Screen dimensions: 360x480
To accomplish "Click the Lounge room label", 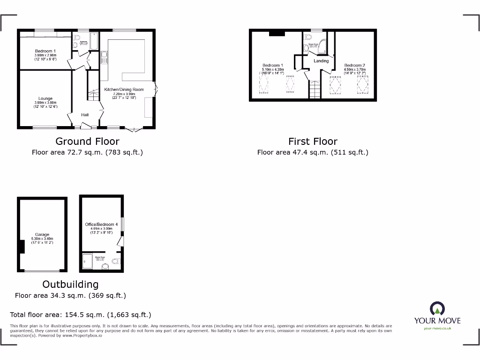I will (x=45, y=98).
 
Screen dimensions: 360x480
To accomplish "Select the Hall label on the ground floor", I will (x=85, y=115).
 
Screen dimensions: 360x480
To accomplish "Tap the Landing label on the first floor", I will (x=321, y=61).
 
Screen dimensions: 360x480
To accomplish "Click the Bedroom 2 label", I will (x=354, y=66).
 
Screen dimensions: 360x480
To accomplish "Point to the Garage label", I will (x=42, y=234).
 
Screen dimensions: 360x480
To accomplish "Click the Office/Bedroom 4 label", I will (x=101, y=225).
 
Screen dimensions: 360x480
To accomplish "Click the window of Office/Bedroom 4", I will (x=123, y=225).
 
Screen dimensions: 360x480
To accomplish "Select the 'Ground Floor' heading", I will (x=87, y=141).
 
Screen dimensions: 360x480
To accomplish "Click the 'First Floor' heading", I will (x=313, y=141).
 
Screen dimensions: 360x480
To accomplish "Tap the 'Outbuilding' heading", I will (x=70, y=284).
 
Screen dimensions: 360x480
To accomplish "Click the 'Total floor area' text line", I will (x=81, y=315).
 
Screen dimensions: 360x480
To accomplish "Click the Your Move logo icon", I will (x=437, y=308).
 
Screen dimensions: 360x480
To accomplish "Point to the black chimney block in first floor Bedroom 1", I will (x=277, y=33).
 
